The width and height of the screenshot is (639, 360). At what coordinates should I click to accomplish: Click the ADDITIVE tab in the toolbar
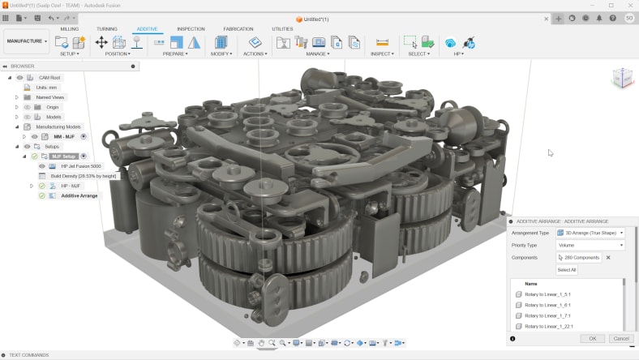(148, 28)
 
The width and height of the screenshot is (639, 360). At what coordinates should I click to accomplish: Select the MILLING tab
(70, 28)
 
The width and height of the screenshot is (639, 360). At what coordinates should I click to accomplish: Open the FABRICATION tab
(238, 28)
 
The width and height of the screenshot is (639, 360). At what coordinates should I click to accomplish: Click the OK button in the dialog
(592, 338)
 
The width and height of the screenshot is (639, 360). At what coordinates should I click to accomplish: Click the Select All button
(567, 269)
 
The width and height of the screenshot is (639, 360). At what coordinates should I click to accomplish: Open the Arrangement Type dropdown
(590, 233)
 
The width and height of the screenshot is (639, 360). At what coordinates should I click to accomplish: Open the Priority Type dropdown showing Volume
(590, 245)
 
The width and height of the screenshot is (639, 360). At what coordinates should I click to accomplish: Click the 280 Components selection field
(578, 257)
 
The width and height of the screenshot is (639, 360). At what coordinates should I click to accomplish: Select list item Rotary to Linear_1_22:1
(548, 326)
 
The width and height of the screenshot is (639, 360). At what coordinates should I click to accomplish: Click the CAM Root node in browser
(49, 78)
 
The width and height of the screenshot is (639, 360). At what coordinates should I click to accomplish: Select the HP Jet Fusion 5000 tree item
(79, 166)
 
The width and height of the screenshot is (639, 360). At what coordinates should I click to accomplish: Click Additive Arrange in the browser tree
(79, 195)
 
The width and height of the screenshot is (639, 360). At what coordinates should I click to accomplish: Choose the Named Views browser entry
(50, 97)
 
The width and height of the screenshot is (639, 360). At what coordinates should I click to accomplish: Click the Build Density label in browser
(84, 176)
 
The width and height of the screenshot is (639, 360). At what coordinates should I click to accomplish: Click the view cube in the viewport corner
(622, 78)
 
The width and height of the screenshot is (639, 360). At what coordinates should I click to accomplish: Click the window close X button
(630, 5)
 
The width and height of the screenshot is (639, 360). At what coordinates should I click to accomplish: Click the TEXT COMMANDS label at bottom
(28, 355)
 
